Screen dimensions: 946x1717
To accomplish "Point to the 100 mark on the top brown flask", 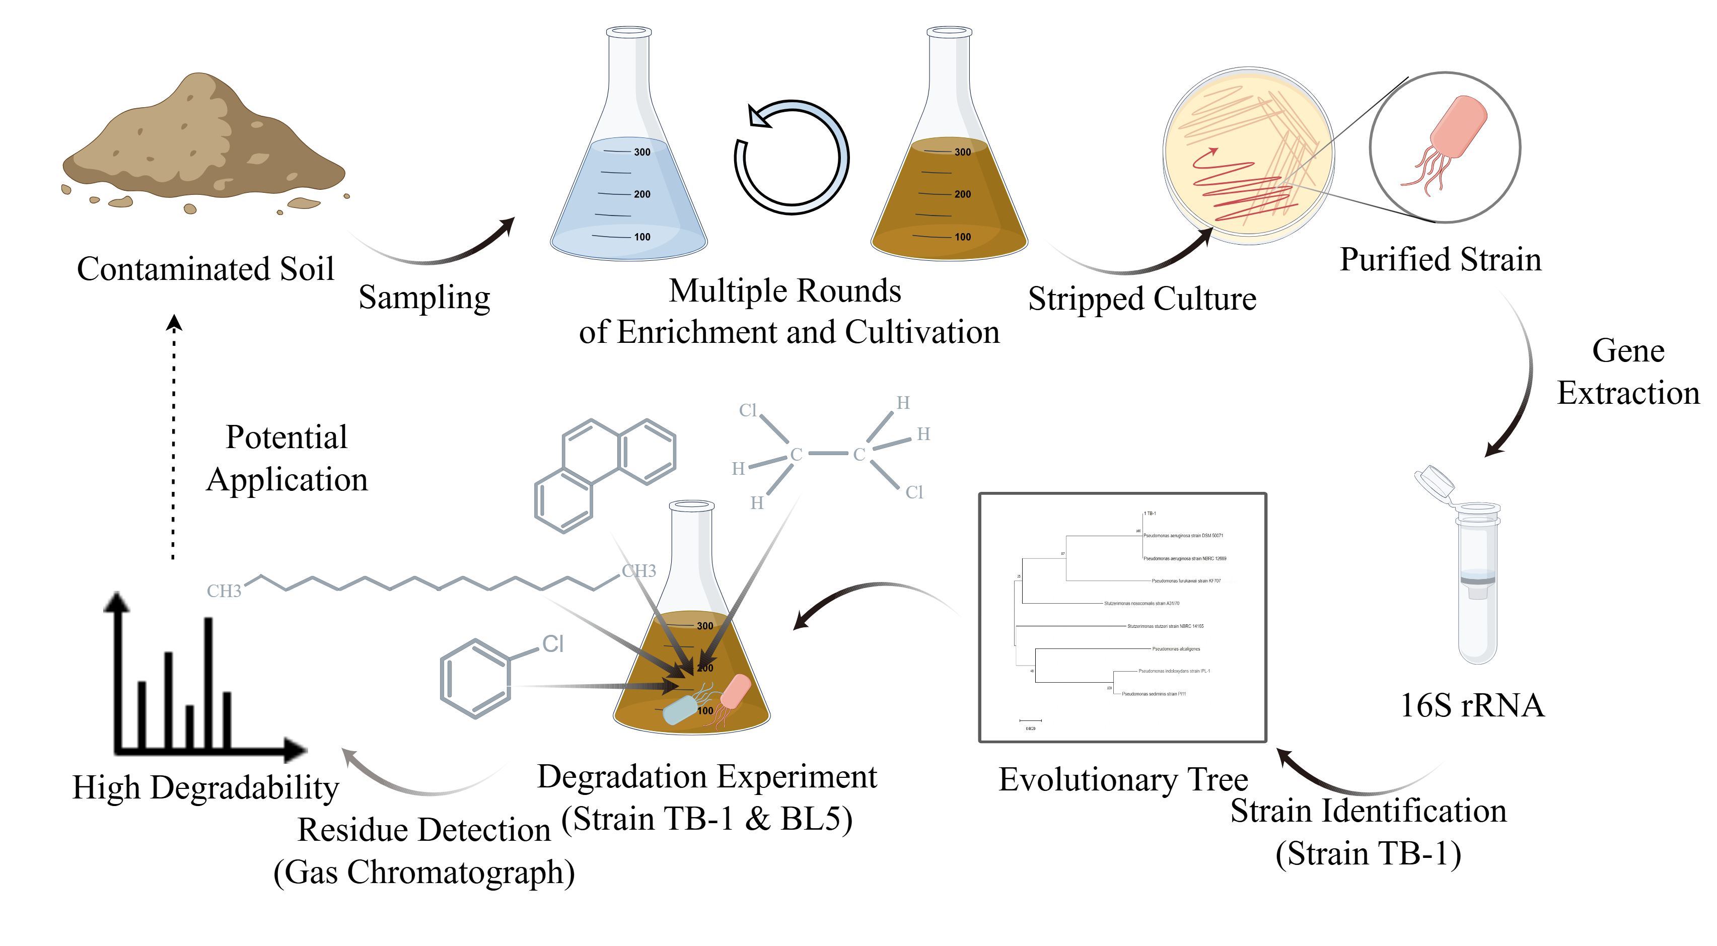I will pos(963,237).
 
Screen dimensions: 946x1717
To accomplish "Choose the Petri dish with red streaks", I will pos(1247,155).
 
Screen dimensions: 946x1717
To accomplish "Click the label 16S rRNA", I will pos(1472,706).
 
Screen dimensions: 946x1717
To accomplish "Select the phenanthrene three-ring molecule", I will pos(604,474).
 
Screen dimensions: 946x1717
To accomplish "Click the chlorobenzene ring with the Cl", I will pos(476,678).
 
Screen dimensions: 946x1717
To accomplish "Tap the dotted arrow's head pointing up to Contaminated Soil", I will pos(174,323).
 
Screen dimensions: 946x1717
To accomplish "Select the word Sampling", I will pos(424,298).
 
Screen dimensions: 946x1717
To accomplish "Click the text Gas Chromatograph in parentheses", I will pos(424,872).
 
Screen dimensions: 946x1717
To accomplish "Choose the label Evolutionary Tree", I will pos(1123,779).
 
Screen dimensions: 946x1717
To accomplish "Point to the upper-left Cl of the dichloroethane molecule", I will pos(748,410).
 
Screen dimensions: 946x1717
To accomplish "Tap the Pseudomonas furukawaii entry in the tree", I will pos(1186,580).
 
